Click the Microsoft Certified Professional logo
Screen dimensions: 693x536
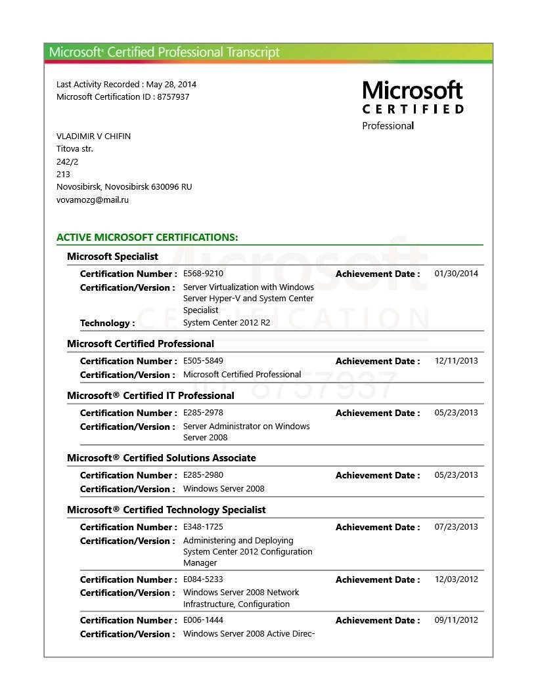tap(413, 105)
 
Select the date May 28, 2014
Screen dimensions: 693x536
tap(171, 85)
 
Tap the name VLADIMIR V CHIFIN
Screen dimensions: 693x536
tap(93, 136)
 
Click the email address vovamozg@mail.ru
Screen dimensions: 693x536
tap(93, 200)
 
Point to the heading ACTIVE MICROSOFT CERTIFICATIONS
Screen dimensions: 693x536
tap(147, 238)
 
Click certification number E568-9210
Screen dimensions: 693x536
tap(203, 274)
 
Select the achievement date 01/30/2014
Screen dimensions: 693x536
tap(457, 274)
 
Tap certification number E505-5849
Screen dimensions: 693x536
tap(203, 361)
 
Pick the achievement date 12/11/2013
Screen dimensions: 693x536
tap(457, 361)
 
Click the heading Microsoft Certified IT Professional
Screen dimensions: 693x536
tap(150, 396)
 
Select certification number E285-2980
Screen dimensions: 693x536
tap(203, 475)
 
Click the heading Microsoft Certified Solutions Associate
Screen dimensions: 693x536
tap(162, 458)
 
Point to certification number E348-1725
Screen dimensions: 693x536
tap(203, 527)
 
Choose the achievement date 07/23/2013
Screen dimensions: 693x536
tap(457, 527)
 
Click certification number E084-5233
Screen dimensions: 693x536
tap(203, 579)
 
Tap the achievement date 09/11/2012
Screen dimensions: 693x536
tap(457, 620)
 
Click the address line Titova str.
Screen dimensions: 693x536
tap(75, 149)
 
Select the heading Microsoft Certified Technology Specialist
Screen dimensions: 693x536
tap(166, 510)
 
